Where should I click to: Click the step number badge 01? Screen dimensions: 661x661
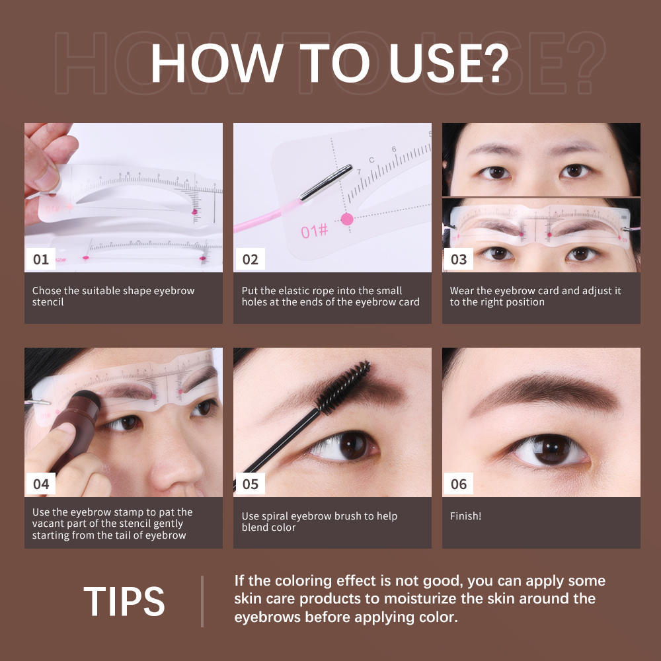pos(41,259)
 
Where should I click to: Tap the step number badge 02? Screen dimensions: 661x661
pos(250,259)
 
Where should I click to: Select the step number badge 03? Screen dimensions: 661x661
pos(459,259)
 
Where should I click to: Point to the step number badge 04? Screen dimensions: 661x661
pos(41,484)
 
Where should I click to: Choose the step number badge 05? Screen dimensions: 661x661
pos(250,484)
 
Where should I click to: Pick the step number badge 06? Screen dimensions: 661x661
pos(459,484)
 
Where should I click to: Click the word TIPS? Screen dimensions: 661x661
pos(124,602)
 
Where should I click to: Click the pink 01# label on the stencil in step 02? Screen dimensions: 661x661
pos(314,231)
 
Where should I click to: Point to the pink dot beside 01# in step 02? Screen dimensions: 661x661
pos(346,219)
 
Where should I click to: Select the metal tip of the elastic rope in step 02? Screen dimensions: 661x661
pos(326,182)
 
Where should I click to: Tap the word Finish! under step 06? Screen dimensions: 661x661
pos(465,516)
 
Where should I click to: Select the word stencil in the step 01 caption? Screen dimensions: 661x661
pos(48,302)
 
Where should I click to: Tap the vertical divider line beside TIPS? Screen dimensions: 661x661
pos(202,601)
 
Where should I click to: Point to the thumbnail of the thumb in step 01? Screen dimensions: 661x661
pos(46,176)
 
